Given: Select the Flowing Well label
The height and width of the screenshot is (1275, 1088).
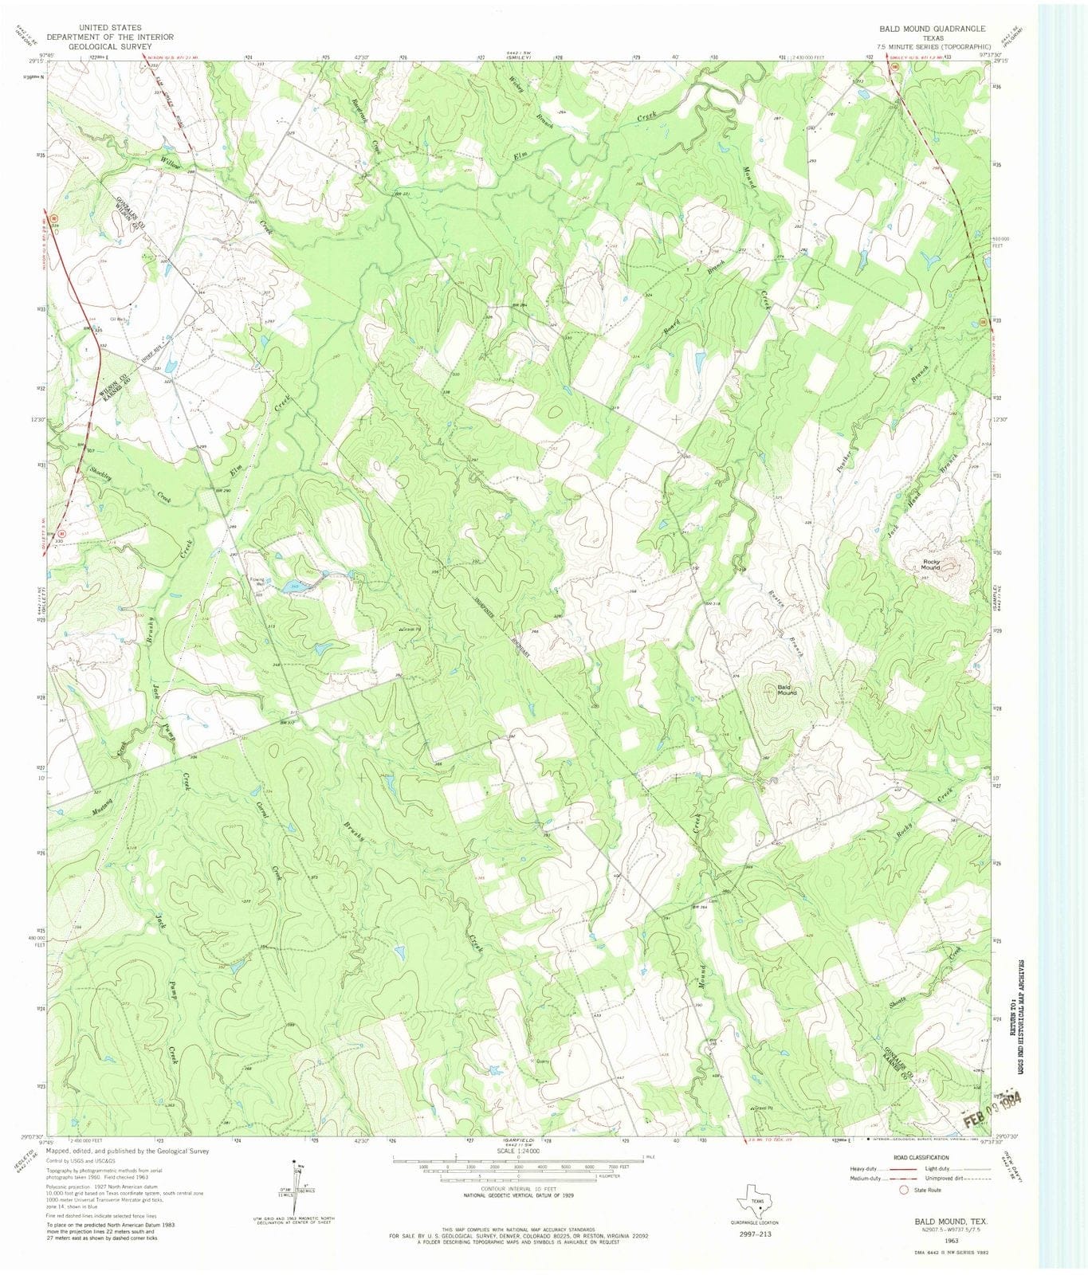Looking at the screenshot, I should click(x=257, y=582).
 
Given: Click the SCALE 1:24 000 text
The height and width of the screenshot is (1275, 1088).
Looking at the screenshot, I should click(x=517, y=1151).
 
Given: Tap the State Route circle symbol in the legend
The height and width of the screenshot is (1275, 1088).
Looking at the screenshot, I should click(x=903, y=1190).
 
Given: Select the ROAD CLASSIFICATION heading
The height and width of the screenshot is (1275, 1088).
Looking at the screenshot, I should click(x=920, y=1158).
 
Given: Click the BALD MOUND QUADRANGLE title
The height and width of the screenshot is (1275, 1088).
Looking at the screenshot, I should click(x=932, y=29).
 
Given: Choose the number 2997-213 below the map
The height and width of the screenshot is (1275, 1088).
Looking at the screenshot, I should click(x=756, y=1234).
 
